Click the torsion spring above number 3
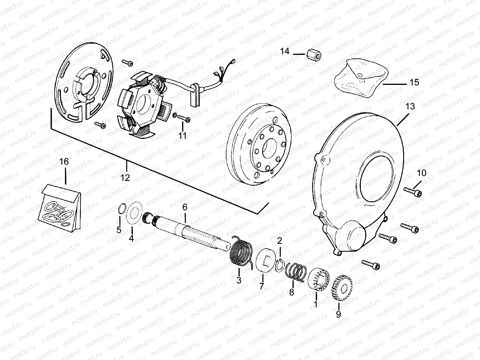(242, 250)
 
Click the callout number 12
(125, 178)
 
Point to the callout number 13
(410, 106)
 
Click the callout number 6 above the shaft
(185, 207)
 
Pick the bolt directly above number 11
(184, 119)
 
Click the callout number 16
(64, 161)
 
